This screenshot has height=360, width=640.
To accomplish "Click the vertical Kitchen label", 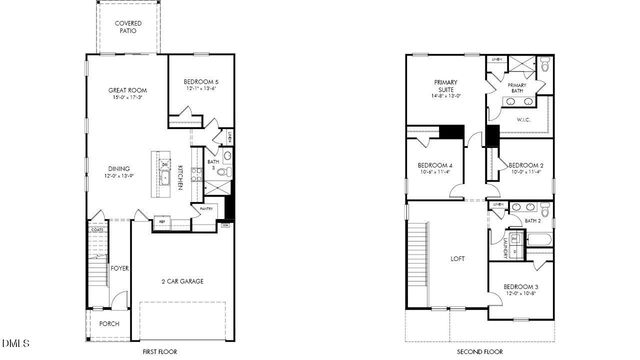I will pyautogui.click(x=179, y=177).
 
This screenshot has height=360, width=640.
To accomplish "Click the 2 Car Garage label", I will pyautogui.click(x=183, y=281).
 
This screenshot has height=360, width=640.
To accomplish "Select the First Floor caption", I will pyautogui.click(x=160, y=352).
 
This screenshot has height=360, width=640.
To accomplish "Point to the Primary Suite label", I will pyautogui.click(x=445, y=85).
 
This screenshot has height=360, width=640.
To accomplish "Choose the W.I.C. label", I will pyautogui.click(x=522, y=120).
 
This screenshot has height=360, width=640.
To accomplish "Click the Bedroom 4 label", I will pyautogui.click(x=436, y=168).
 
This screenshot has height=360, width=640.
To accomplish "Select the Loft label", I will pyautogui.click(x=458, y=259).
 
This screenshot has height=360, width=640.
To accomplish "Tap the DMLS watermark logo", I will pyautogui.click(x=15, y=346).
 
